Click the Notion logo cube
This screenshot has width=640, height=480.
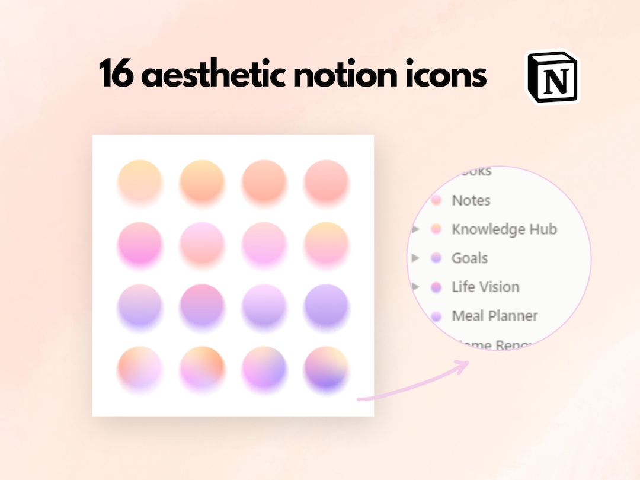pyautogui.click(x=552, y=77)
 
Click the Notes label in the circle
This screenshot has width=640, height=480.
pyautogui.click(x=471, y=200)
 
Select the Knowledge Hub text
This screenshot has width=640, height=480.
pyautogui.click(x=504, y=229)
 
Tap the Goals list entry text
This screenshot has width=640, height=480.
pyautogui.click(x=470, y=258)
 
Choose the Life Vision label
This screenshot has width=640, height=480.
pyautogui.click(x=485, y=287)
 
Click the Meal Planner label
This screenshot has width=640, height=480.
pyautogui.click(x=495, y=316)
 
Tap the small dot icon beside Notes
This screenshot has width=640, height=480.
pyautogui.click(x=436, y=200)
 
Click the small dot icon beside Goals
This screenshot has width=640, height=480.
pyautogui.click(x=436, y=258)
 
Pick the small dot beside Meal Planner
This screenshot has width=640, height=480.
pyautogui.click(x=436, y=316)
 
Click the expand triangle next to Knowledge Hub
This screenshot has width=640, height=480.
pyautogui.click(x=416, y=229)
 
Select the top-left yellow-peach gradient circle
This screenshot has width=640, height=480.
pyautogui.click(x=140, y=181)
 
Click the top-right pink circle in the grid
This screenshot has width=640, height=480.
pyautogui.click(x=326, y=181)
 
